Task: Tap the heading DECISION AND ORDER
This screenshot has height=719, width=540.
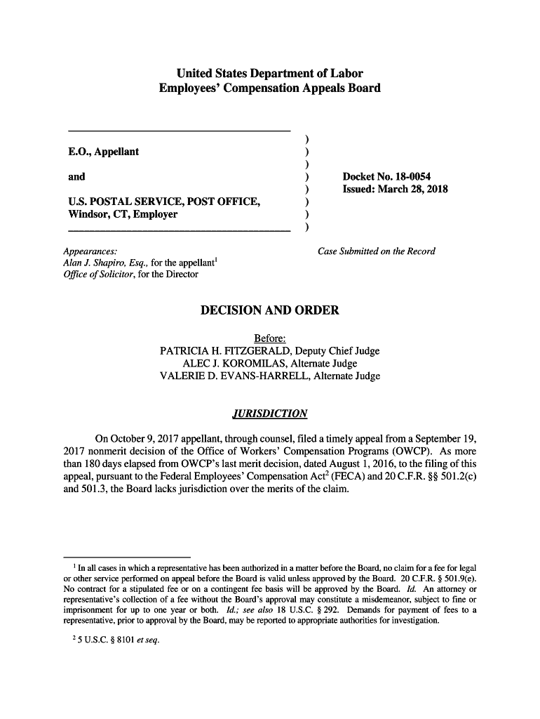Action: pyautogui.click(x=270, y=310)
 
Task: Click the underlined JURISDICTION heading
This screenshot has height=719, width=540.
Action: pyautogui.click(x=270, y=413)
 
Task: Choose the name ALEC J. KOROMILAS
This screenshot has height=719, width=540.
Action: pyautogui.click(x=229, y=364)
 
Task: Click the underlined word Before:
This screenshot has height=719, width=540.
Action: pyautogui.click(x=270, y=338)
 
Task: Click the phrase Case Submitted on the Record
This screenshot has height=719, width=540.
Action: pyautogui.click(x=377, y=251)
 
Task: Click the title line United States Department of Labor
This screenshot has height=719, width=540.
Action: pyautogui.click(x=270, y=74)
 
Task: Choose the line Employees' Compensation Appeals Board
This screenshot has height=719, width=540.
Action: pyautogui.click(x=270, y=88)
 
